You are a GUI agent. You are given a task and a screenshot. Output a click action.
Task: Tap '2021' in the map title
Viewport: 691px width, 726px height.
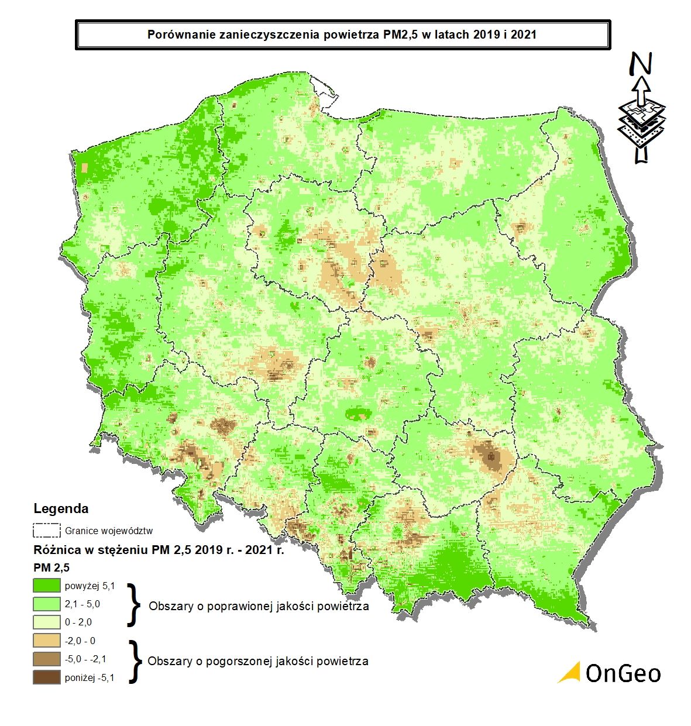[x=524, y=35]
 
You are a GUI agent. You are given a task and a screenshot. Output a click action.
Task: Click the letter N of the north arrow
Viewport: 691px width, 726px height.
[x=642, y=64]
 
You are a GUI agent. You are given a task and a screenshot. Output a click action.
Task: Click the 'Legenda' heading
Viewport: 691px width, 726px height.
[x=61, y=508]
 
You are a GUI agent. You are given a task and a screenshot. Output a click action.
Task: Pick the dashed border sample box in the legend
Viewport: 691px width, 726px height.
[x=47, y=530]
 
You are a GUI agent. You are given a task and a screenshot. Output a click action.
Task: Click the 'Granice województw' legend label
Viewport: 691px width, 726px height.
[x=109, y=531]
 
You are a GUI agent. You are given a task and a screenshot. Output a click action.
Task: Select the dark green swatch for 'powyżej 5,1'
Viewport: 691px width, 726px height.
[x=47, y=585]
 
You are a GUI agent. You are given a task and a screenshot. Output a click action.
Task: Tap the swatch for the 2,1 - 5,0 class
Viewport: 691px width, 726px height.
[x=47, y=603]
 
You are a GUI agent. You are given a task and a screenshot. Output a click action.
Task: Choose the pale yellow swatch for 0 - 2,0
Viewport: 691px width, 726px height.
[x=47, y=622]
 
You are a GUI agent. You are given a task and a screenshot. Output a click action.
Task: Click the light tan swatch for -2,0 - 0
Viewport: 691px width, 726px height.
[x=47, y=641]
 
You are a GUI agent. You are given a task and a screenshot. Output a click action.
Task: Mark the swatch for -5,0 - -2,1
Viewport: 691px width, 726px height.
[x=47, y=659]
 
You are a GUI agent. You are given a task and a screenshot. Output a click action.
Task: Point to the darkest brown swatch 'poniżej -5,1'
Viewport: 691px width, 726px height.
[x=47, y=677]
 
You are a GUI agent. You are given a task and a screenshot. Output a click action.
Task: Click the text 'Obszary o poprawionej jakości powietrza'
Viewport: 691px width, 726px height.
[x=259, y=606]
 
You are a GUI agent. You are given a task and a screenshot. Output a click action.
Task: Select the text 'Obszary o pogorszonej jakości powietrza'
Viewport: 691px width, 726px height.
[x=258, y=661]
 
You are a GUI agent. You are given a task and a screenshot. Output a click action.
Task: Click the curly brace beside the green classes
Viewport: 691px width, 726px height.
[x=135, y=604]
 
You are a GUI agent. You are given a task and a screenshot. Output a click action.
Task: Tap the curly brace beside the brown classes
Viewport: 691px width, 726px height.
[x=135, y=661]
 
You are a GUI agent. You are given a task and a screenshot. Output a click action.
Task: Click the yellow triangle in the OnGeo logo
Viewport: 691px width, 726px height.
[x=570, y=673]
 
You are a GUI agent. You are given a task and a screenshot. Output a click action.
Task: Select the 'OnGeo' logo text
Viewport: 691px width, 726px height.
[x=623, y=673]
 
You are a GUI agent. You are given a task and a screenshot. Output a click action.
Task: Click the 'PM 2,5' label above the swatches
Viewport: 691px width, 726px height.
[x=51, y=567]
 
